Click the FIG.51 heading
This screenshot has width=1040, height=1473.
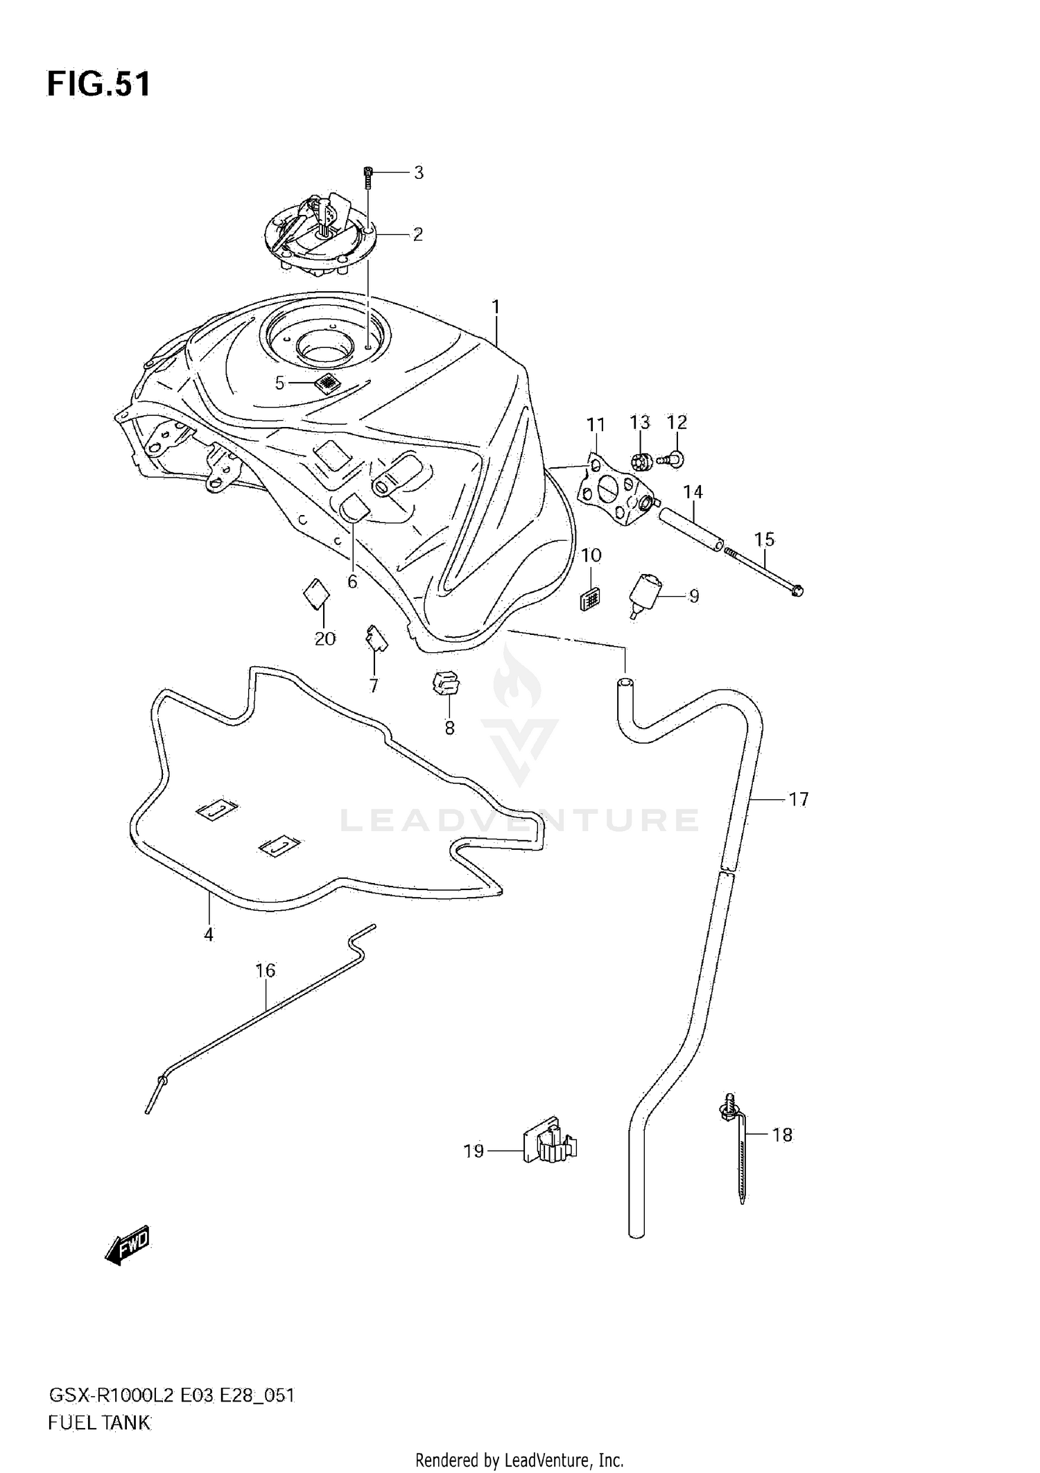[98, 84]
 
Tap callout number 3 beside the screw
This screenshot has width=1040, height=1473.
[418, 173]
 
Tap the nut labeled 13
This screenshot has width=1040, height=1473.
[640, 460]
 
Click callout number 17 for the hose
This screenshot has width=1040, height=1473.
[798, 799]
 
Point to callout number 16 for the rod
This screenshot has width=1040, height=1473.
[266, 970]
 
